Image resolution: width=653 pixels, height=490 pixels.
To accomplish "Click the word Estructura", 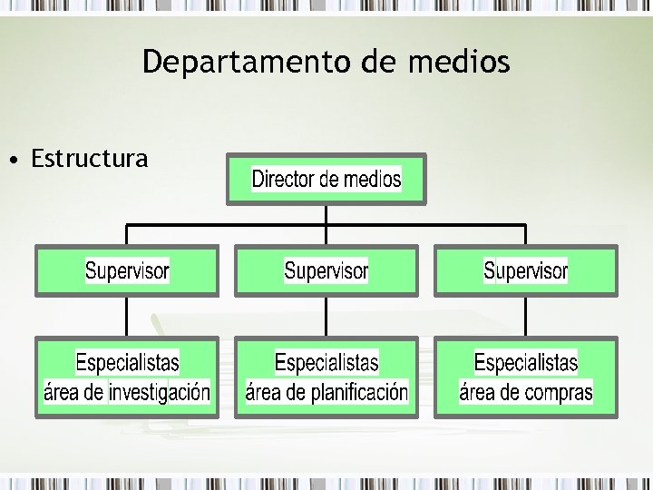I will [x=89, y=160].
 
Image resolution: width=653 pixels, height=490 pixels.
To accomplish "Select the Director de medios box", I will [x=326, y=179].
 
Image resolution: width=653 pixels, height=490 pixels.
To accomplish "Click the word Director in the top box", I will [x=283, y=179].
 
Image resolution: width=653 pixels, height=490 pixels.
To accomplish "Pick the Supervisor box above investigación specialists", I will [x=127, y=270].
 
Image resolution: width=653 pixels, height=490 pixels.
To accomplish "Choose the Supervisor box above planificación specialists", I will [x=326, y=270].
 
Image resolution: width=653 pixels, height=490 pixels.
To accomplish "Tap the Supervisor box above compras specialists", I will [x=525, y=270].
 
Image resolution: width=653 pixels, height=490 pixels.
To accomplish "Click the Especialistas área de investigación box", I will [x=127, y=377].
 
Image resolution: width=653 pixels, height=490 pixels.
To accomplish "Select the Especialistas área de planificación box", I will [x=326, y=377].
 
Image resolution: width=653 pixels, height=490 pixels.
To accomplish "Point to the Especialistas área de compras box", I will [x=525, y=377].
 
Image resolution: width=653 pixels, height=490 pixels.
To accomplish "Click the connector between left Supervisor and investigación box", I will [x=127, y=317].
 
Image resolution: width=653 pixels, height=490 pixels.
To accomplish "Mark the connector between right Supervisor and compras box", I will [x=525, y=317].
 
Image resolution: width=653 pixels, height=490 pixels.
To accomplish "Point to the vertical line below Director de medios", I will [x=326, y=214].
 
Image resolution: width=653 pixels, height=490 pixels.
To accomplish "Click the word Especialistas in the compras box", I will [x=525, y=363].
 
